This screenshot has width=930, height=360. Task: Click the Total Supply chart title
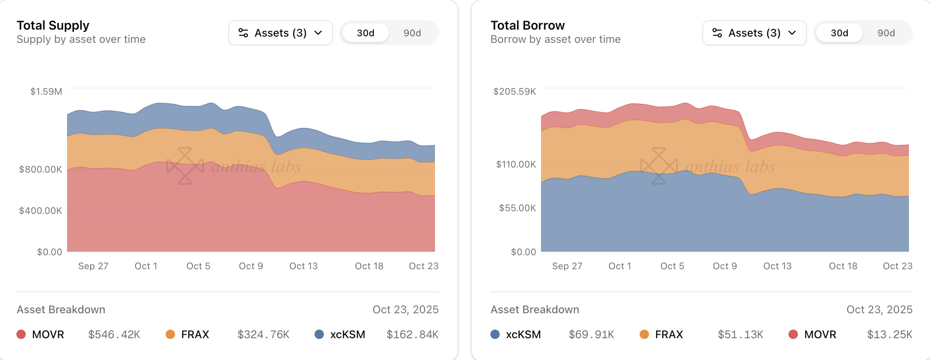[53, 25]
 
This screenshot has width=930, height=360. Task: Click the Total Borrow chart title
[527, 25]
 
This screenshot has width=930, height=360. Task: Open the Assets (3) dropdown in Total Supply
[281, 33]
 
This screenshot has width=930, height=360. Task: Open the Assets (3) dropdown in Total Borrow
[754, 33]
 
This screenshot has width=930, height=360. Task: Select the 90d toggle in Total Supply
[412, 33]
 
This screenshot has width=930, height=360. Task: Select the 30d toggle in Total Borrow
[839, 33]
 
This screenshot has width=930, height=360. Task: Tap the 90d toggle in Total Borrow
[886, 33]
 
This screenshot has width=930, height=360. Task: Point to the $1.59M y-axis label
[46, 92]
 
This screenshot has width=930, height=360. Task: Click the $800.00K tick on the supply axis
[41, 169]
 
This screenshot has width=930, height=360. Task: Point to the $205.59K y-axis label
[515, 92]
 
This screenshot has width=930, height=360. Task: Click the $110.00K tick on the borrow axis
[516, 164]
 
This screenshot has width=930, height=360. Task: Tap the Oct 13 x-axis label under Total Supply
[303, 266]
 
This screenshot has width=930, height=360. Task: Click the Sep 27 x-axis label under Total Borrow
[567, 266]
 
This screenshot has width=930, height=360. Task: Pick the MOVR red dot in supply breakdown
[21, 334]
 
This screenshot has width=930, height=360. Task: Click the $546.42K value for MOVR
[114, 334]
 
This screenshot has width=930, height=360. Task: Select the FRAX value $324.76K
[263, 334]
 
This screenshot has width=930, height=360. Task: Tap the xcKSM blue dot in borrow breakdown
[495, 334]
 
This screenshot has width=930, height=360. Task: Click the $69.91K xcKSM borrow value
[591, 334]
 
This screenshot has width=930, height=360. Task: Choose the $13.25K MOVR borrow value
[889, 334]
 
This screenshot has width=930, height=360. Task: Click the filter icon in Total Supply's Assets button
[243, 33]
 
